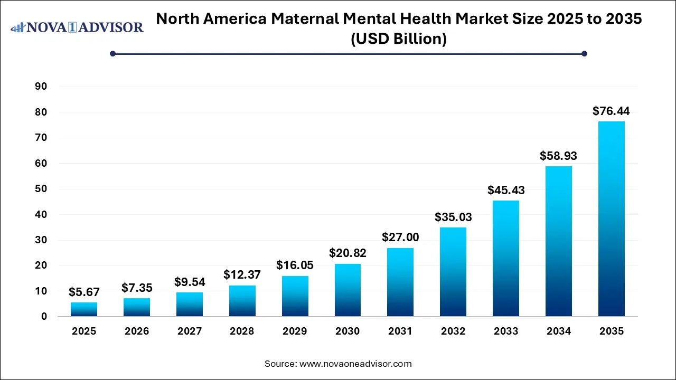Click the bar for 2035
pos(611,219)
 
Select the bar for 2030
pos(348,290)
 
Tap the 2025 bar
pos(84,309)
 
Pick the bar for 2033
pos(506,259)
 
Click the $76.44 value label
pos(611,111)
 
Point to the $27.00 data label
pos(400,238)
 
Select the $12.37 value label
pos(242,275)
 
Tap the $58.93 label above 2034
pos(558,156)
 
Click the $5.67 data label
pos(84,292)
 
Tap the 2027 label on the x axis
pos(190,331)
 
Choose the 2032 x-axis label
pos(453,331)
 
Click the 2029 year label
pos(295,331)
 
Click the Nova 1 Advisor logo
pos(77,27)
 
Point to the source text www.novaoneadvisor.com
pos(355,364)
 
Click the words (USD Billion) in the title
pos(399,39)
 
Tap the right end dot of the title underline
pos(584,53)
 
